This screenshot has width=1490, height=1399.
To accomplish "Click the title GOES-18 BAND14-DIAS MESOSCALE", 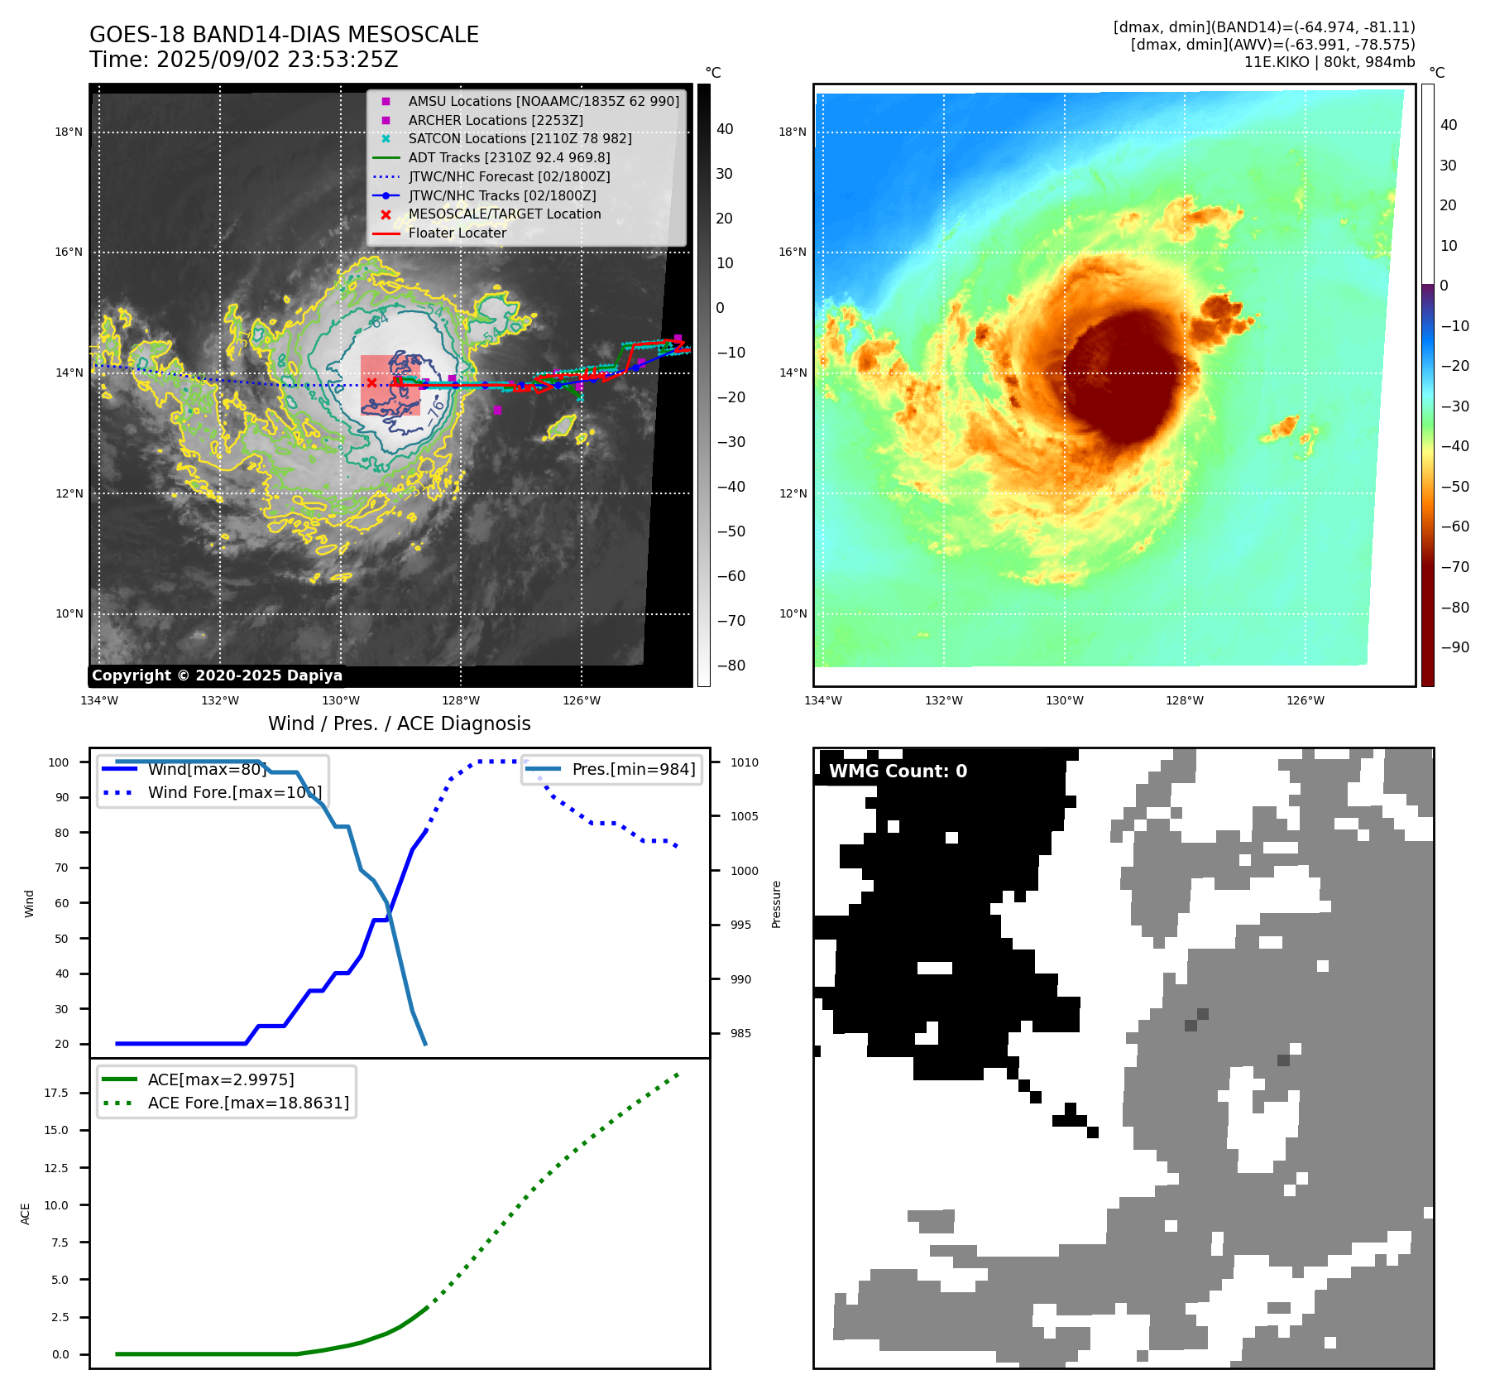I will (284, 35).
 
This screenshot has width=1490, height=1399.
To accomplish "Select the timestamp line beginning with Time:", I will (244, 60).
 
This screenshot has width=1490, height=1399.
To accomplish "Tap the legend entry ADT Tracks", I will (509, 157).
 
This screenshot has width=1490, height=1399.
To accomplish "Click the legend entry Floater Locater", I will (457, 233).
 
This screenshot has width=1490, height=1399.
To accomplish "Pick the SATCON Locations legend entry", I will (520, 138).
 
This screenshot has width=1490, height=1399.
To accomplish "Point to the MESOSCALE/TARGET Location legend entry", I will (504, 214).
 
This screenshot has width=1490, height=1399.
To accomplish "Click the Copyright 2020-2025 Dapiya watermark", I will (217, 675).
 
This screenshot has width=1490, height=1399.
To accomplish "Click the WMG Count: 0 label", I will (898, 772).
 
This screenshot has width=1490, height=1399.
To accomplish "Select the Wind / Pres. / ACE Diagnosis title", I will (400, 724).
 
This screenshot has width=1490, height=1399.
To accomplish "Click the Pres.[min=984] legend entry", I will (633, 769).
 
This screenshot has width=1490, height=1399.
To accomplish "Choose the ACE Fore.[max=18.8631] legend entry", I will (248, 1103).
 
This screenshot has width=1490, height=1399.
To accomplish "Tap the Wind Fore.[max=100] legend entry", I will (235, 792).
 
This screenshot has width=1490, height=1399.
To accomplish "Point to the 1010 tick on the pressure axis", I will (744, 762).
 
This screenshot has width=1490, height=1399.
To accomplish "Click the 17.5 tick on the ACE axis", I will (56, 1093).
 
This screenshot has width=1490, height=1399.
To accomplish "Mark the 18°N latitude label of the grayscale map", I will (69, 132).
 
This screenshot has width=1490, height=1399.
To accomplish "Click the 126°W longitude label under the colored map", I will (1305, 700).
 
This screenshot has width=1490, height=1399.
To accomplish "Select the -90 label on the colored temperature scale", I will (1454, 647).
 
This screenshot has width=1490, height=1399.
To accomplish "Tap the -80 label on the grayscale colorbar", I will (731, 666).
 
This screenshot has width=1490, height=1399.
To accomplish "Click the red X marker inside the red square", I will (372, 382).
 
